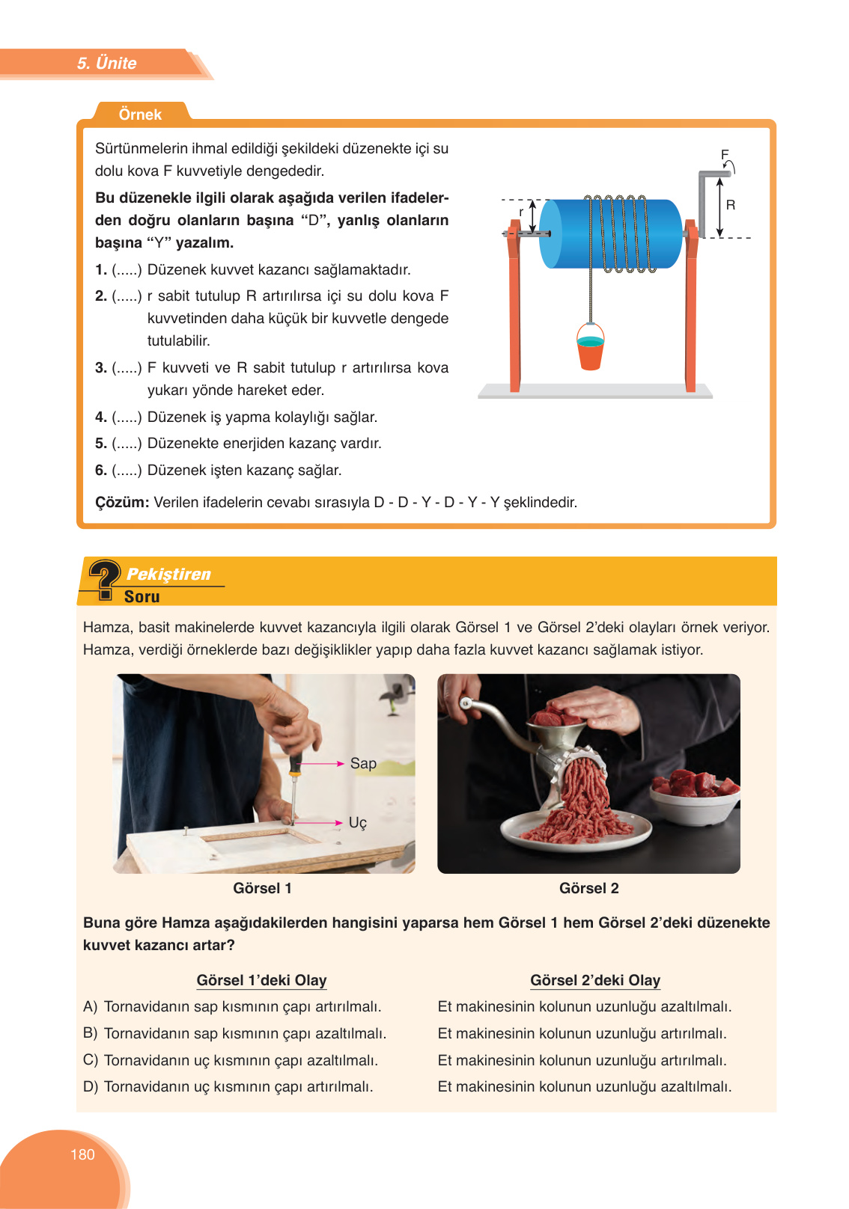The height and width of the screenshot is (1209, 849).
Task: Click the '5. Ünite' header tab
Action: pos(106,64)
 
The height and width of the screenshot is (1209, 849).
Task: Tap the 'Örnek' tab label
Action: pos(140,114)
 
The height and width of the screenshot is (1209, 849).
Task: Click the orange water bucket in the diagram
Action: pos(590,352)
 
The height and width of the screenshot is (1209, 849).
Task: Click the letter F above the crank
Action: pos(724,155)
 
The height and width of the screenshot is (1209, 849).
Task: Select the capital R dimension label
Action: pos(731,205)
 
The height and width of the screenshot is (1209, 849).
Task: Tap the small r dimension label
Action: pos(521,212)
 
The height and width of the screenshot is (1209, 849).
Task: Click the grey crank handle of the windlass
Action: pos(704,202)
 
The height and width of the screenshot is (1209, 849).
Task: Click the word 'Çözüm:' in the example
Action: pos(122,502)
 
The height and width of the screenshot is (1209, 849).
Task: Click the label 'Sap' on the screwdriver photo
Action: pos(363,763)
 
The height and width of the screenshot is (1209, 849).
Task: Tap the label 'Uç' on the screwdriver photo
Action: pos(358,822)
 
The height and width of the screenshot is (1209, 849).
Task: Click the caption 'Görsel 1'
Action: pos(262,888)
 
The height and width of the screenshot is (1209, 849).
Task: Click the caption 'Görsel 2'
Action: pos(588,888)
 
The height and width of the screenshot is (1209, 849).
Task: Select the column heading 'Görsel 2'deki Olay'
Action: pos(594,980)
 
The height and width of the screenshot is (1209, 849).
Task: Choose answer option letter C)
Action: pos(91,1060)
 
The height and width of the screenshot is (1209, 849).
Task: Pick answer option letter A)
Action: pos(91,1006)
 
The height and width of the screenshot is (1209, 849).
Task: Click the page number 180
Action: pos(82,1154)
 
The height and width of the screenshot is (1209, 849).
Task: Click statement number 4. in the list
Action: pos(100,417)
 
